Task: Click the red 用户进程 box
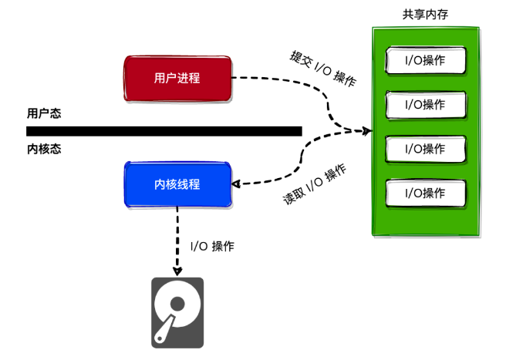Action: pyautogui.click(x=177, y=78)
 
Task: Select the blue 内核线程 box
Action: pyautogui.click(x=177, y=184)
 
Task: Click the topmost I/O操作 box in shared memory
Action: pyautogui.click(x=426, y=60)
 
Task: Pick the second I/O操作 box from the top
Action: pyautogui.click(x=426, y=104)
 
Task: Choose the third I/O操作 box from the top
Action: pyautogui.click(x=426, y=148)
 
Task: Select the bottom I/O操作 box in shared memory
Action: pyautogui.click(x=426, y=193)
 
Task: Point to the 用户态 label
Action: pyautogui.click(x=44, y=113)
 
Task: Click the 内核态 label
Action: pyautogui.click(x=44, y=149)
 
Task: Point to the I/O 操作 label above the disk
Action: pyautogui.click(x=212, y=247)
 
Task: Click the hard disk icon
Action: pyautogui.click(x=177, y=311)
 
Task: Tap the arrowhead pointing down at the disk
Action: pyautogui.click(x=177, y=271)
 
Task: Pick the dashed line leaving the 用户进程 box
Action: pyautogui.click(x=278, y=79)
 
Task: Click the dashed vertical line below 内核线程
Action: pyautogui.click(x=177, y=239)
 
